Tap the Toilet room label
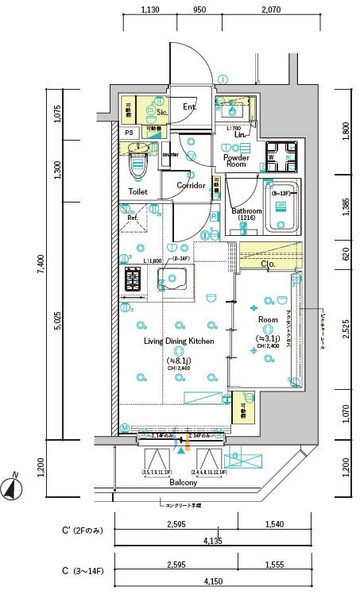138,192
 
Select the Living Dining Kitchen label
179,341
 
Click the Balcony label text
183,482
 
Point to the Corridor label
191,186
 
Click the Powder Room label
236,161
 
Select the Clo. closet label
268,264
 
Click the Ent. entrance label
190,106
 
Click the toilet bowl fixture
139,168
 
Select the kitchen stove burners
132,280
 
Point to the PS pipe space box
129,133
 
